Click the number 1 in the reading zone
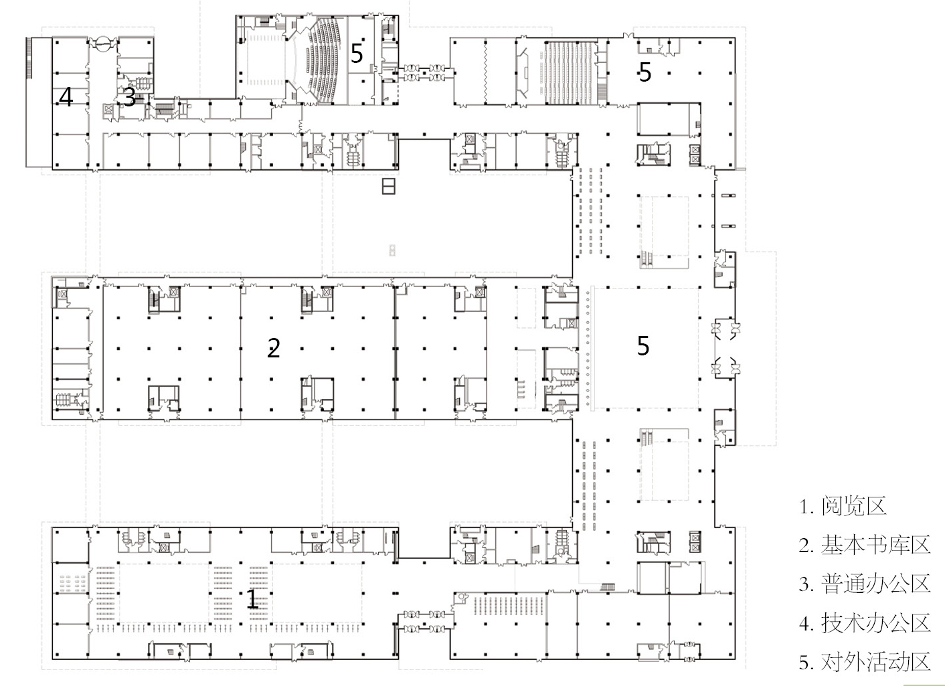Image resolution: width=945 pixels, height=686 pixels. point(252,599)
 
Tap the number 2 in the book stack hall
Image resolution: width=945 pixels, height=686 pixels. point(273,348)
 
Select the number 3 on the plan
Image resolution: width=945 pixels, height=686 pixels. point(129,96)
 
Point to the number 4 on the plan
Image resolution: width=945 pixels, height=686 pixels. point(66,96)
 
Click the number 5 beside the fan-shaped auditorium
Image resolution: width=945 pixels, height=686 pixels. point(357,53)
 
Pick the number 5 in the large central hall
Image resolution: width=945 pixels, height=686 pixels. point(643,346)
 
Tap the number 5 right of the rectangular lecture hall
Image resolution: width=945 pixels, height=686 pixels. point(645,72)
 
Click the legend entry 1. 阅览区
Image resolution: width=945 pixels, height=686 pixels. point(843,506)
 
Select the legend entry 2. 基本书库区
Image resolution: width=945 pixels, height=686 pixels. point(865,545)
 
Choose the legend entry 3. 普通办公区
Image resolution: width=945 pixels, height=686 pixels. point(865,584)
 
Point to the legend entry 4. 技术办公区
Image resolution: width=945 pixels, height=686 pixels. point(865,622)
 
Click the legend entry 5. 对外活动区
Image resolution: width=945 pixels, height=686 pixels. point(865,661)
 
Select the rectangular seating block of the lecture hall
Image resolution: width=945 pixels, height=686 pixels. point(570,72)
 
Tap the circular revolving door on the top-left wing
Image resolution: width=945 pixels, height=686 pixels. point(102,44)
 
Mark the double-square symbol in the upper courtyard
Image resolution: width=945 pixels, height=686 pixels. point(389,185)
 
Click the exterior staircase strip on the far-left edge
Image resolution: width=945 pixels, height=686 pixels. point(29,58)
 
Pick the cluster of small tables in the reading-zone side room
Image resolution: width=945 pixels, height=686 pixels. point(72,583)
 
